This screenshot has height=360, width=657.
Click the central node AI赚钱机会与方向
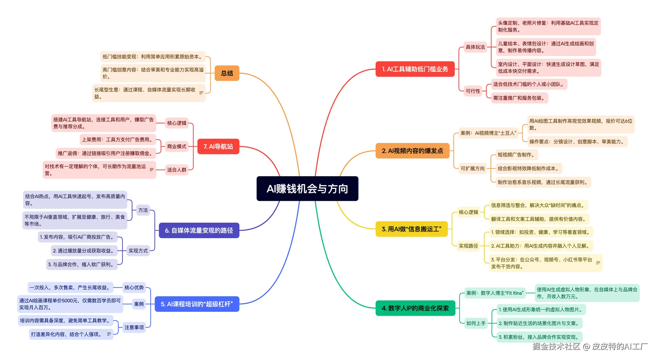pos(307,189)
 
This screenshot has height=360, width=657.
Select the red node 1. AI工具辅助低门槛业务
pos(415,69)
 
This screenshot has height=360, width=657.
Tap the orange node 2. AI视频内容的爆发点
pos(412,151)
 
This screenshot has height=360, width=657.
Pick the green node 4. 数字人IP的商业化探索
pos(415,308)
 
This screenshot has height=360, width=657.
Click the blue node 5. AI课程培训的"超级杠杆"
pos(197,304)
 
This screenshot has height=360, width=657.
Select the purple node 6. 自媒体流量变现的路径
pos(199,230)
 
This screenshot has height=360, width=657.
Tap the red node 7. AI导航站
pos(218,147)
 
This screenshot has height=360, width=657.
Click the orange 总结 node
pos(227,73)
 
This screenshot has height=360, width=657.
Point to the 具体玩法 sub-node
pos(475,47)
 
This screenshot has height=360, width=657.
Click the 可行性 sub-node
pos(473,91)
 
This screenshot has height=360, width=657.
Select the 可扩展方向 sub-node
pos(473,168)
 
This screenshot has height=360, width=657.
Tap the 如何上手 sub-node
pos(476,323)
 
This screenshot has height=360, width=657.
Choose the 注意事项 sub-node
pos(134,327)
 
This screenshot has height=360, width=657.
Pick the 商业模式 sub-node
pos(176,146)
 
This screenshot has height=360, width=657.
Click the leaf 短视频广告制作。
pos(516,155)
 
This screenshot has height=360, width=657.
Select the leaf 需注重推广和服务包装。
pos(519,98)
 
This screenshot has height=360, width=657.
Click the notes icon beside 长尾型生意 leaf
pos(201,93)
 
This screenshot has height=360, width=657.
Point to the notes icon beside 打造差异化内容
pos(109,334)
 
